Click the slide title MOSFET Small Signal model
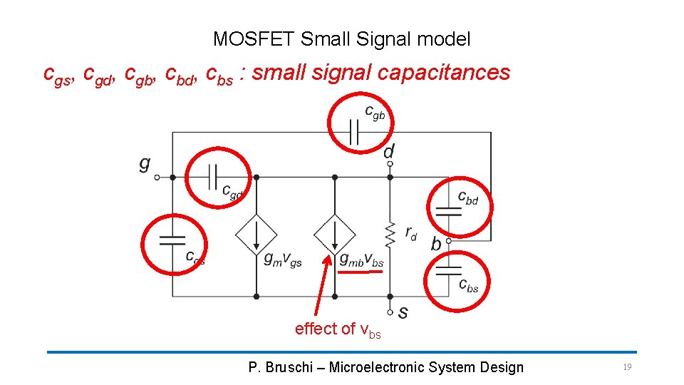point(341,39)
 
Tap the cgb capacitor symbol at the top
point(353,132)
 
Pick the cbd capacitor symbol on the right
point(448,209)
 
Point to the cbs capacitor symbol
point(448,269)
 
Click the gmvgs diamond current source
point(256,234)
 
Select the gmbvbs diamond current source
point(334,234)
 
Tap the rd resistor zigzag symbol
point(390,232)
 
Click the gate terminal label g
point(145,164)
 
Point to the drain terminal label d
point(389,151)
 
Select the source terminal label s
point(403,312)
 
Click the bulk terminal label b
point(435,244)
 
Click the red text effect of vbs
point(338,329)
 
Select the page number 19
point(627,367)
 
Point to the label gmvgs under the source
point(283,261)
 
